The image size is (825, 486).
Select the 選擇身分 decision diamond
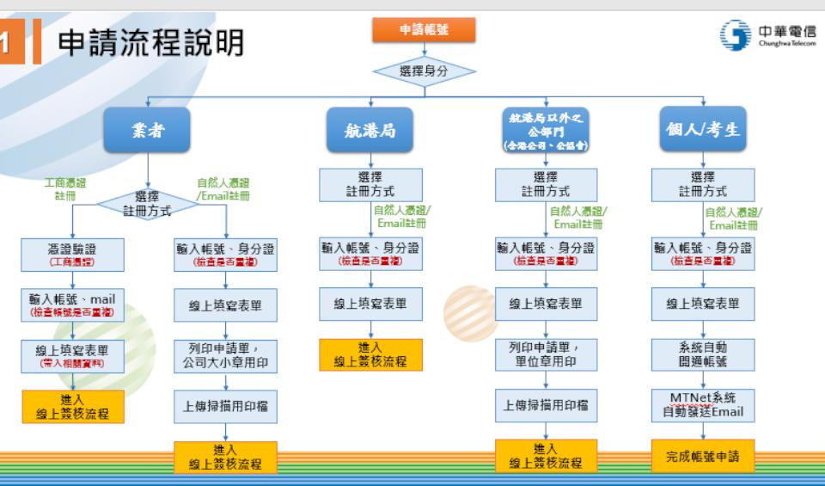coord(423,71)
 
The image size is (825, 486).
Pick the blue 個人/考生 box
coord(703,131)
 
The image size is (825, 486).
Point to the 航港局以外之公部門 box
coord(546,131)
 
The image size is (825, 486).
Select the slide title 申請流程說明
coord(151,42)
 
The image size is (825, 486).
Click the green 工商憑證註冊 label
coord(70,188)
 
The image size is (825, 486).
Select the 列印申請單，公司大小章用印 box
coord(226,354)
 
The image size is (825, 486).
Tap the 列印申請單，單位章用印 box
coord(547,354)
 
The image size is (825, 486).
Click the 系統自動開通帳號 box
coord(703,354)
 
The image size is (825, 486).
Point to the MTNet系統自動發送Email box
coord(703,404)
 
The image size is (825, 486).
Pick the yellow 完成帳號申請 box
coord(703,457)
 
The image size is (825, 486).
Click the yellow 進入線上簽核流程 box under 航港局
coord(370,354)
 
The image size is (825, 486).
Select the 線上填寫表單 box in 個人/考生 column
coord(703,304)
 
